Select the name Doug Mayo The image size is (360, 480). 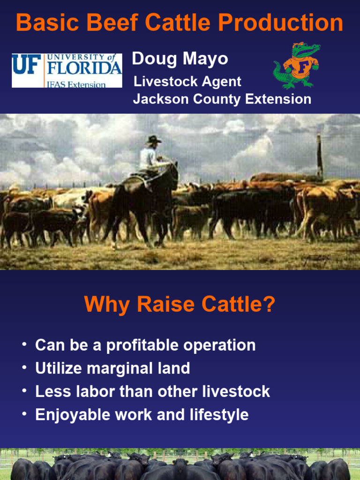point(180,59)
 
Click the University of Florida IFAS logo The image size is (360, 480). point(67,70)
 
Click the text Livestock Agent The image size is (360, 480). point(187,82)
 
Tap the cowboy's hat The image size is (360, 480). point(153,140)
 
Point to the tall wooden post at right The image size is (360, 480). point(320,157)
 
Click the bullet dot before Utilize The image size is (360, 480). point(24,368)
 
